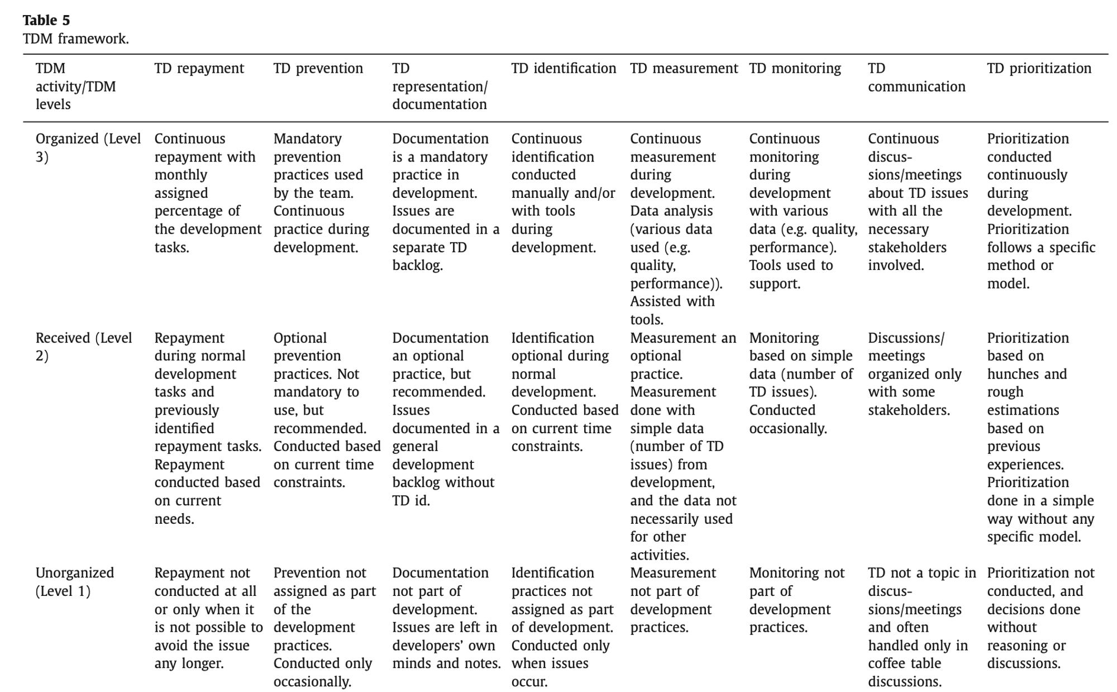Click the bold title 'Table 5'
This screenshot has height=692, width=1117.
46,21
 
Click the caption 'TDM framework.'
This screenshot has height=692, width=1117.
75,39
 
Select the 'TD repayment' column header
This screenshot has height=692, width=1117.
199,69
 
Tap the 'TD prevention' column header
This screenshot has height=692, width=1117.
318,69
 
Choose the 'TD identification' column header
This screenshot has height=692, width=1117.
563,69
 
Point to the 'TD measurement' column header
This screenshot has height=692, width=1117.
684,69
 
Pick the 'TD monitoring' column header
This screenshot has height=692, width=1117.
795,69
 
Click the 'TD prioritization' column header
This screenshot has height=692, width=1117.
1039,69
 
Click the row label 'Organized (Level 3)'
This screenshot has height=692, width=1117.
88,148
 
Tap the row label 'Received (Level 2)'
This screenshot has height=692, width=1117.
84,347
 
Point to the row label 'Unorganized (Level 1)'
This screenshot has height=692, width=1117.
74,582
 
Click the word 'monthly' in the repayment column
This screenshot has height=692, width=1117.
180,175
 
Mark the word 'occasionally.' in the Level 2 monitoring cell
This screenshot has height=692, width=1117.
787,429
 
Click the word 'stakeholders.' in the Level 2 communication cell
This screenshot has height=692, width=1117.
909,410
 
